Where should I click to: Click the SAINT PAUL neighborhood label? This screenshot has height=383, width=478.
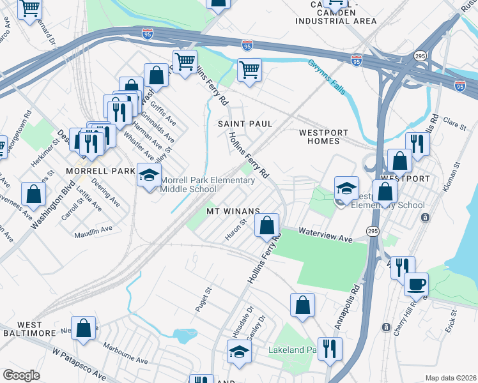pyautogui.click(x=246, y=123)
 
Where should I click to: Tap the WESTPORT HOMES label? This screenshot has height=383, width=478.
pyautogui.click(x=323, y=137)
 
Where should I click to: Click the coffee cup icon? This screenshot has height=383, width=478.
pyautogui.click(x=417, y=284)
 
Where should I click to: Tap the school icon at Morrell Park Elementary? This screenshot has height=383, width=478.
pyautogui.click(x=149, y=176)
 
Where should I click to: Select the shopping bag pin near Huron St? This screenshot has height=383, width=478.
pyautogui.click(x=266, y=225)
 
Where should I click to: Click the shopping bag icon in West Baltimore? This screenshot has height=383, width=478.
pyautogui.click(x=84, y=328)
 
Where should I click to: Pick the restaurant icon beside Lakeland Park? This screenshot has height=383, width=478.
pyautogui.click(x=330, y=349)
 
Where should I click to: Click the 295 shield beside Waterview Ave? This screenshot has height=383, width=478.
pyautogui.click(x=372, y=230)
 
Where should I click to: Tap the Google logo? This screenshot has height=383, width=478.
pyautogui.click(x=22, y=375)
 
